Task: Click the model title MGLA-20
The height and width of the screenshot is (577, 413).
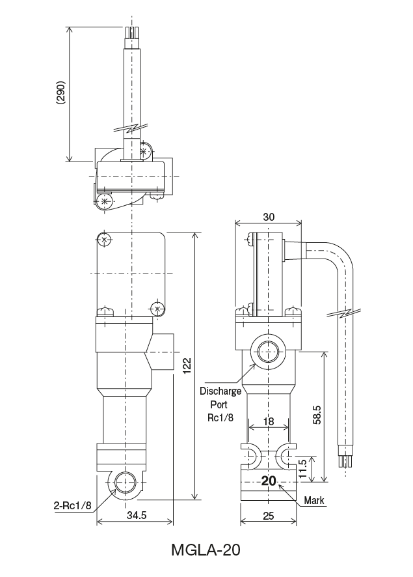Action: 206,550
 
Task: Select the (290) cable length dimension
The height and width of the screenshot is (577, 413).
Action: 60,95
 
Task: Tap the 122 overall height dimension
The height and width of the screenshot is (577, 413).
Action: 187,366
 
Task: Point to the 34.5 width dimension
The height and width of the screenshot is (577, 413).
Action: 135,514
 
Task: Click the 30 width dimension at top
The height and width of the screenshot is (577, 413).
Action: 268,216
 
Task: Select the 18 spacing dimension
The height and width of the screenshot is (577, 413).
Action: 268,422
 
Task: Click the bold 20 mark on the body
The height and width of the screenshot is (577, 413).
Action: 269,481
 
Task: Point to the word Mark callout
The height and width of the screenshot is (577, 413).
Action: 315,501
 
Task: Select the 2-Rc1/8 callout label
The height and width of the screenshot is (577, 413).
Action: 72,505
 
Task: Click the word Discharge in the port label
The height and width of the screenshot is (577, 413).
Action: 220,391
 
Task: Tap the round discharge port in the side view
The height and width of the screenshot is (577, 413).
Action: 268,352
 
